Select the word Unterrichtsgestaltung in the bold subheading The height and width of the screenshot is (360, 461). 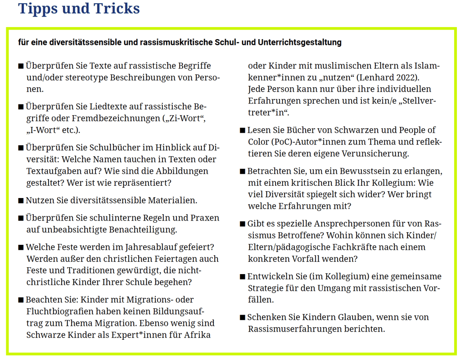coord(300,42)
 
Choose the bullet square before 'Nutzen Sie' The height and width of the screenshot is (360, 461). coord(21,201)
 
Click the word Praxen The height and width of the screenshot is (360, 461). coord(203,218)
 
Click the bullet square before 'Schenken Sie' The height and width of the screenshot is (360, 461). coord(242,318)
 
